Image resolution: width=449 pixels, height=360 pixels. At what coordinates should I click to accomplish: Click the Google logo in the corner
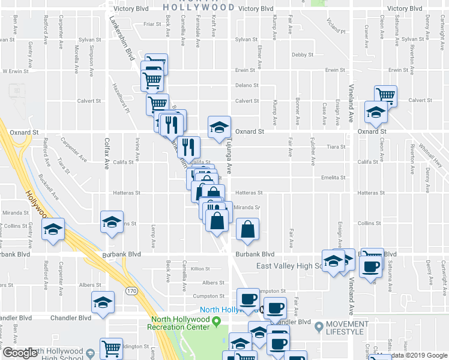[x=20, y=353]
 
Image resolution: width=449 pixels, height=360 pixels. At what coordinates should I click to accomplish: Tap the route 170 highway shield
[x=131, y=291]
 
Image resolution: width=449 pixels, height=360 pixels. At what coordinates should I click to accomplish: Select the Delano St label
[x=246, y=85]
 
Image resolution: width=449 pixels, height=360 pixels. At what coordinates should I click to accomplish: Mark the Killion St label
[x=200, y=269]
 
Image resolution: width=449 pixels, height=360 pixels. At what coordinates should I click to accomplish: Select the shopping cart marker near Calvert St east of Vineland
[x=385, y=95]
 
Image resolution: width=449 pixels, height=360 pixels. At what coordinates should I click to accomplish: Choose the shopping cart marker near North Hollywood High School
[x=111, y=349]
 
